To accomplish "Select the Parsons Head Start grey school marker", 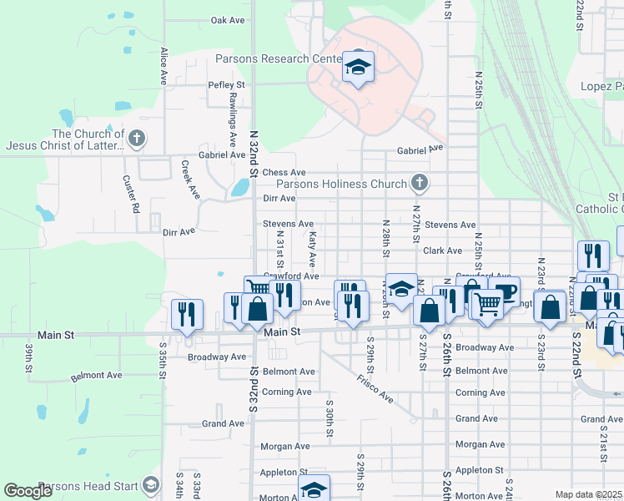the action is [150, 484].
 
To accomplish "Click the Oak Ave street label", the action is [228, 20].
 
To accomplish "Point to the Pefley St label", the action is [227, 85].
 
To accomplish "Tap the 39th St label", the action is [28, 357].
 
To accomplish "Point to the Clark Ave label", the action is [442, 250].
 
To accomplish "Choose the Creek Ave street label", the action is [191, 180].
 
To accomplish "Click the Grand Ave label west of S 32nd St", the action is [224, 423].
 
